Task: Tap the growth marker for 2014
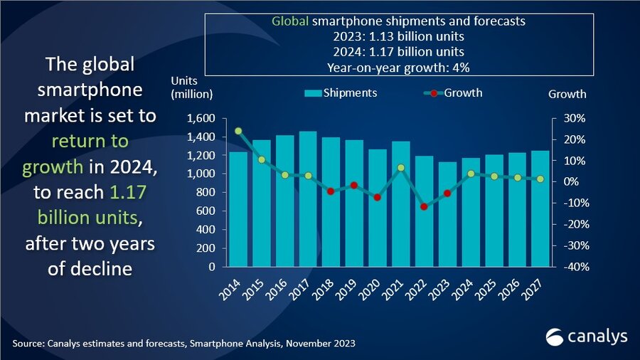pyautogui.click(x=238, y=131)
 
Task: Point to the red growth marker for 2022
pyautogui.click(x=424, y=206)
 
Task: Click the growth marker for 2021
pyautogui.click(x=400, y=168)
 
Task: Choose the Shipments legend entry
pyautogui.click(x=341, y=93)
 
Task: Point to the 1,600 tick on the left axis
pyautogui.click(x=201, y=118)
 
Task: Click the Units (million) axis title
pyautogui.click(x=191, y=87)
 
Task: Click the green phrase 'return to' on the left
pyautogui.click(x=90, y=141)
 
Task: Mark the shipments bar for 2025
pyautogui.click(x=493, y=211)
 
